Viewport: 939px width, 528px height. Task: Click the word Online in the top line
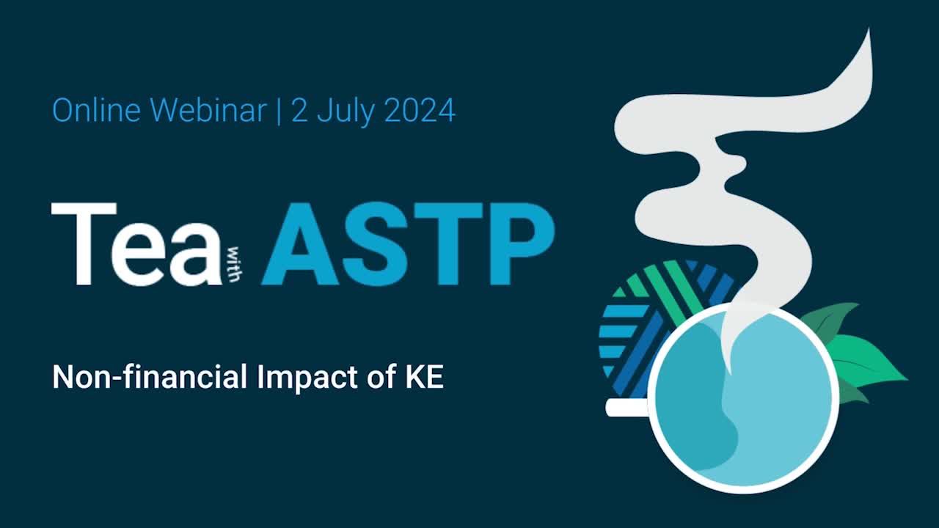pos(96,111)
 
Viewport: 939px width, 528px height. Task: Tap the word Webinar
pos(208,111)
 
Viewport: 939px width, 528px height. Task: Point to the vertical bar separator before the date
pos(279,111)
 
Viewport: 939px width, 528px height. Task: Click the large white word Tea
pos(136,244)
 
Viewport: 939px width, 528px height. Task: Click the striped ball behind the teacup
pos(646,315)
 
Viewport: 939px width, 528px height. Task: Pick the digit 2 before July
pos(299,111)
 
